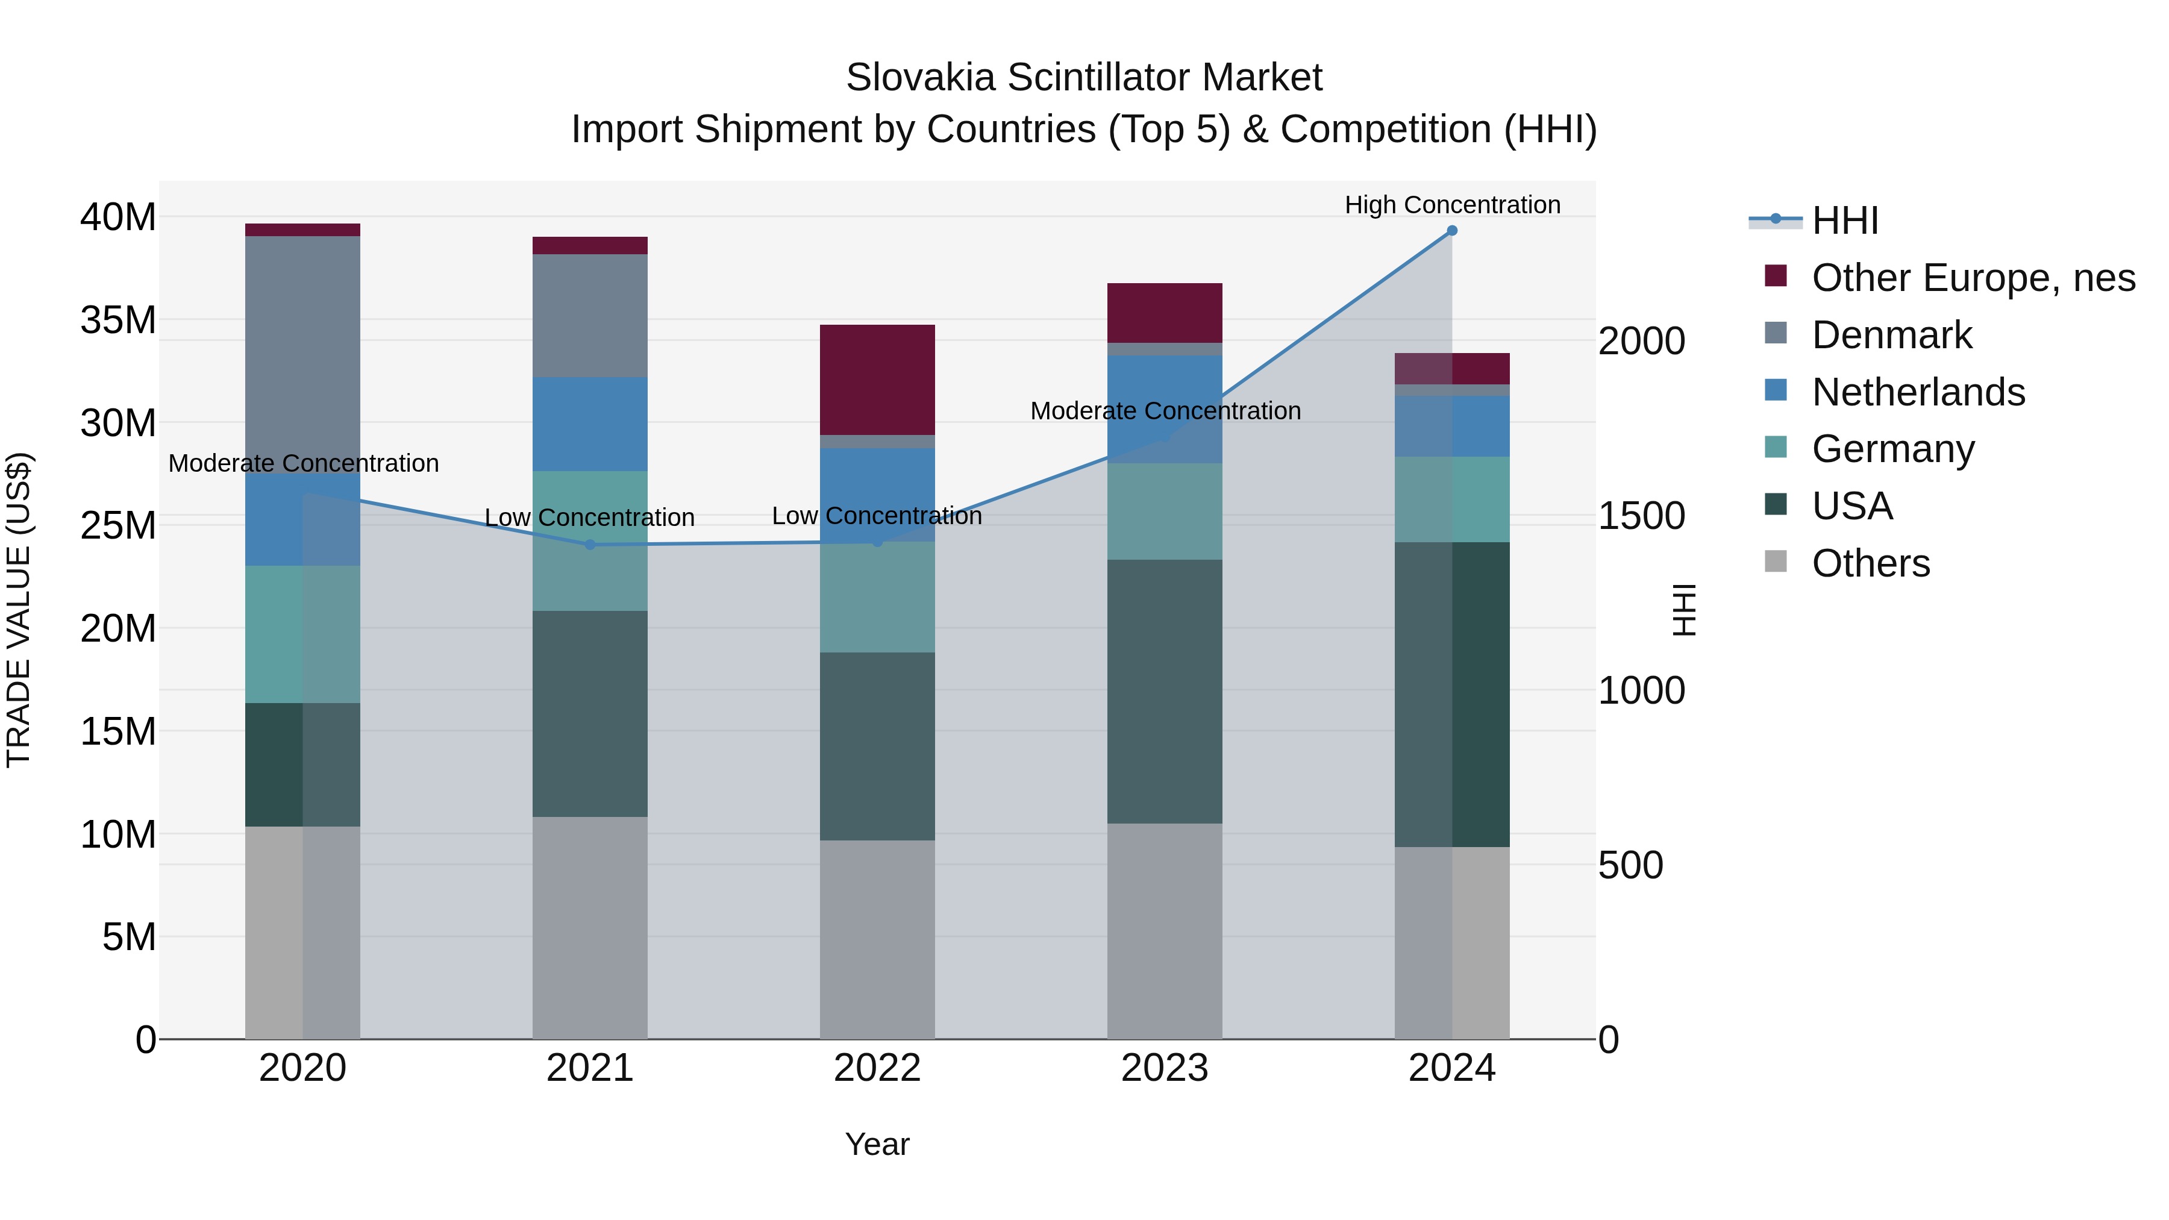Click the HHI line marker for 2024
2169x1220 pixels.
click(1451, 231)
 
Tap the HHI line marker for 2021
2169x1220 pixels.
click(589, 545)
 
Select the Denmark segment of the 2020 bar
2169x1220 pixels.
click(303, 354)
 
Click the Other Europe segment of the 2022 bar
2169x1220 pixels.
click(877, 380)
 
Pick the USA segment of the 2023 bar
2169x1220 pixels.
click(1165, 691)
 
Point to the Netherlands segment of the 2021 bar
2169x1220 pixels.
click(589, 424)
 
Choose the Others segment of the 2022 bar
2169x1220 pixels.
click(877, 939)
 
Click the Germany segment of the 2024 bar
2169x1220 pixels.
click(1451, 499)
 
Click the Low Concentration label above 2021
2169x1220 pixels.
click(589, 517)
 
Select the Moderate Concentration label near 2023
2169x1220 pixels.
click(1165, 411)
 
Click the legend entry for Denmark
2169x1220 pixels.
click(1891, 335)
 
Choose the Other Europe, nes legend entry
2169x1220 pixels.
click(1973, 278)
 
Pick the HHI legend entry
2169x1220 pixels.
click(1844, 221)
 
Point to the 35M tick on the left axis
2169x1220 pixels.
click(118, 320)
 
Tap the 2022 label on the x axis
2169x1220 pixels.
click(877, 1068)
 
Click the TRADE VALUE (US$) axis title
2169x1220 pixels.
click(19, 610)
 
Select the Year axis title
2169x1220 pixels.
click(877, 1144)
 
